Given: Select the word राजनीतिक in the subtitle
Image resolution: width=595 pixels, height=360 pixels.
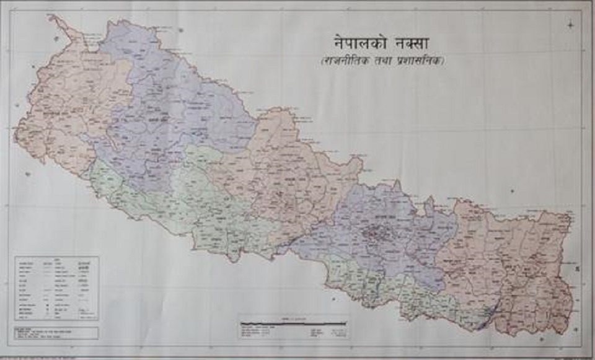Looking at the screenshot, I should [346, 63].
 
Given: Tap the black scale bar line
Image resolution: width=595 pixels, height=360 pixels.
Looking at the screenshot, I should [294, 323].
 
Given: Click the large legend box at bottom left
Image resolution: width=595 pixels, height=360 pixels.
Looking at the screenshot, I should [56, 288].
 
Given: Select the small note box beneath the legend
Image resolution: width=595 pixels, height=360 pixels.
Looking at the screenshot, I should [56, 332].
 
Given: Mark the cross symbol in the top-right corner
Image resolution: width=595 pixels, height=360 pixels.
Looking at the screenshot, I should [570, 24].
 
